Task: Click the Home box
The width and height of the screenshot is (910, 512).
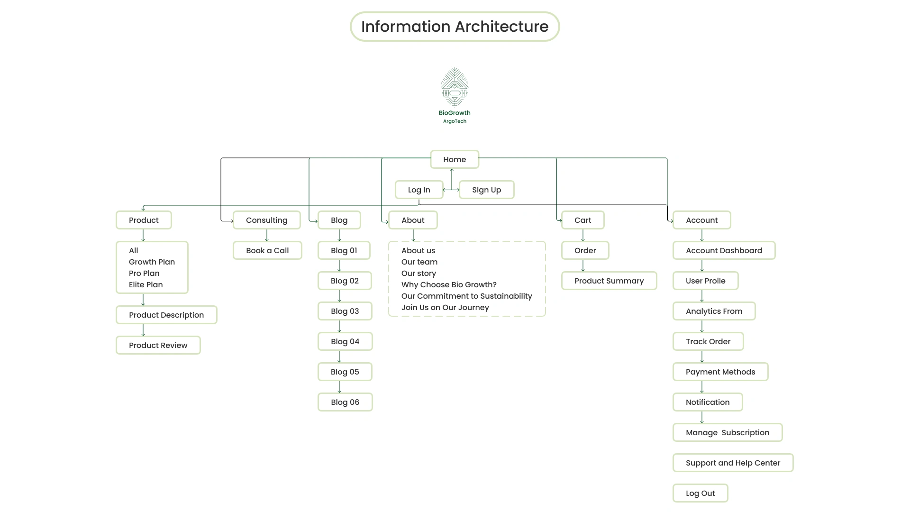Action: (x=455, y=159)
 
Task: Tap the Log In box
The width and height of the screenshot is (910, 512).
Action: (x=419, y=190)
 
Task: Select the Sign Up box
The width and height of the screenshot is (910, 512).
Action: (x=486, y=190)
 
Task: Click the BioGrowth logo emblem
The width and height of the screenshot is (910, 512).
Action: (x=455, y=87)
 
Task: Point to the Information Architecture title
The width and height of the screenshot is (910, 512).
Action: (x=455, y=27)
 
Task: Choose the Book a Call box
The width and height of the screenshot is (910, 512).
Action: (x=267, y=250)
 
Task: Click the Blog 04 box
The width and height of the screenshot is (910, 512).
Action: (x=345, y=341)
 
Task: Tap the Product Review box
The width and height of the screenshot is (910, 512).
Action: (x=158, y=345)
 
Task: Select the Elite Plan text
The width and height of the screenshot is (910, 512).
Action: (x=146, y=284)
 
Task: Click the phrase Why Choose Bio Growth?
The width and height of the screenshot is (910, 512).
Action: (x=449, y=284)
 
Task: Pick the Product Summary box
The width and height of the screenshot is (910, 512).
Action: (x=609, y=281)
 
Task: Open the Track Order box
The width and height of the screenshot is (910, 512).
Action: (x=708, y=341)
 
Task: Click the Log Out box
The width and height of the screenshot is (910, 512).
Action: (x=700, y=493)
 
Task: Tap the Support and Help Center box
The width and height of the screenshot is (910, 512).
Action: (x=733, y=463)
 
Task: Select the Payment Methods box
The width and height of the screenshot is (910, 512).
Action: (x=720, y=372)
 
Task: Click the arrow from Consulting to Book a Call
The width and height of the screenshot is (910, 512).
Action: (x=267, y=235)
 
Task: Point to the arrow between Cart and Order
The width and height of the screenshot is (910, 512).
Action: (x=583, y=235)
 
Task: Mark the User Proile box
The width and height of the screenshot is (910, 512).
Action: (x=706, y=281)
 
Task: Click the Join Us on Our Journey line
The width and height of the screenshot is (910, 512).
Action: (x=445, y=307)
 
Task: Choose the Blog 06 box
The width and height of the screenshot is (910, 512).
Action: (x=345, y=402)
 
